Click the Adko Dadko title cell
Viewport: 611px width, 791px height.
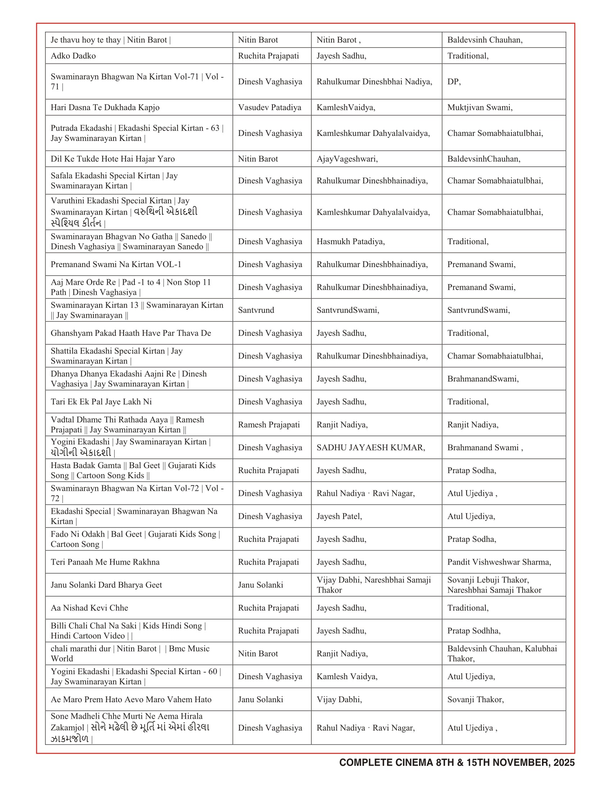tap(73, 56)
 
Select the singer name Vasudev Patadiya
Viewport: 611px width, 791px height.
tap(269, 107)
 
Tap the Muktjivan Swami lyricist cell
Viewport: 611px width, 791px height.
tap(479, 107)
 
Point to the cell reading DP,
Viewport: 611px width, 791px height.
tap(454, 82)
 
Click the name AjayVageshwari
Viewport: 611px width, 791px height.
tap(347, 159)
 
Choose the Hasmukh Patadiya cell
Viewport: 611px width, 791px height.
tap(350, 241)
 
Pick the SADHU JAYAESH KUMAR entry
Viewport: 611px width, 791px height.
tap(371, 447)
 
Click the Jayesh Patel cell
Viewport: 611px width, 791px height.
tap(339, 516)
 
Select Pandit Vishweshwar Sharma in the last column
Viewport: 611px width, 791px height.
tap(499, 562)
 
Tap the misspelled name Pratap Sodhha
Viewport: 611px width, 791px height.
tap(473, 631)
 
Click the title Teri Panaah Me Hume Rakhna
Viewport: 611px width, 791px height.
tap(105, 562)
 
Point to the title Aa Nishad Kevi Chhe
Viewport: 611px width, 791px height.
tap(89, 608)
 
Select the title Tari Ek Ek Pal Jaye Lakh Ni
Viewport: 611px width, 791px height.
tap(101, 402)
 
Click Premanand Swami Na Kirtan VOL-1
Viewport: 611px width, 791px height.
tap(116, 264)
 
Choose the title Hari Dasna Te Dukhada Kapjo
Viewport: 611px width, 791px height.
tap(105, 107)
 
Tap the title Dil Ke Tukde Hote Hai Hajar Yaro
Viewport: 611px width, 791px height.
tap(112, 159)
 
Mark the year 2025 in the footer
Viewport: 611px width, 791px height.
tap(564, 762)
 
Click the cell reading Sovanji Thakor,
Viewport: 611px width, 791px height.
tap(475, 699)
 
